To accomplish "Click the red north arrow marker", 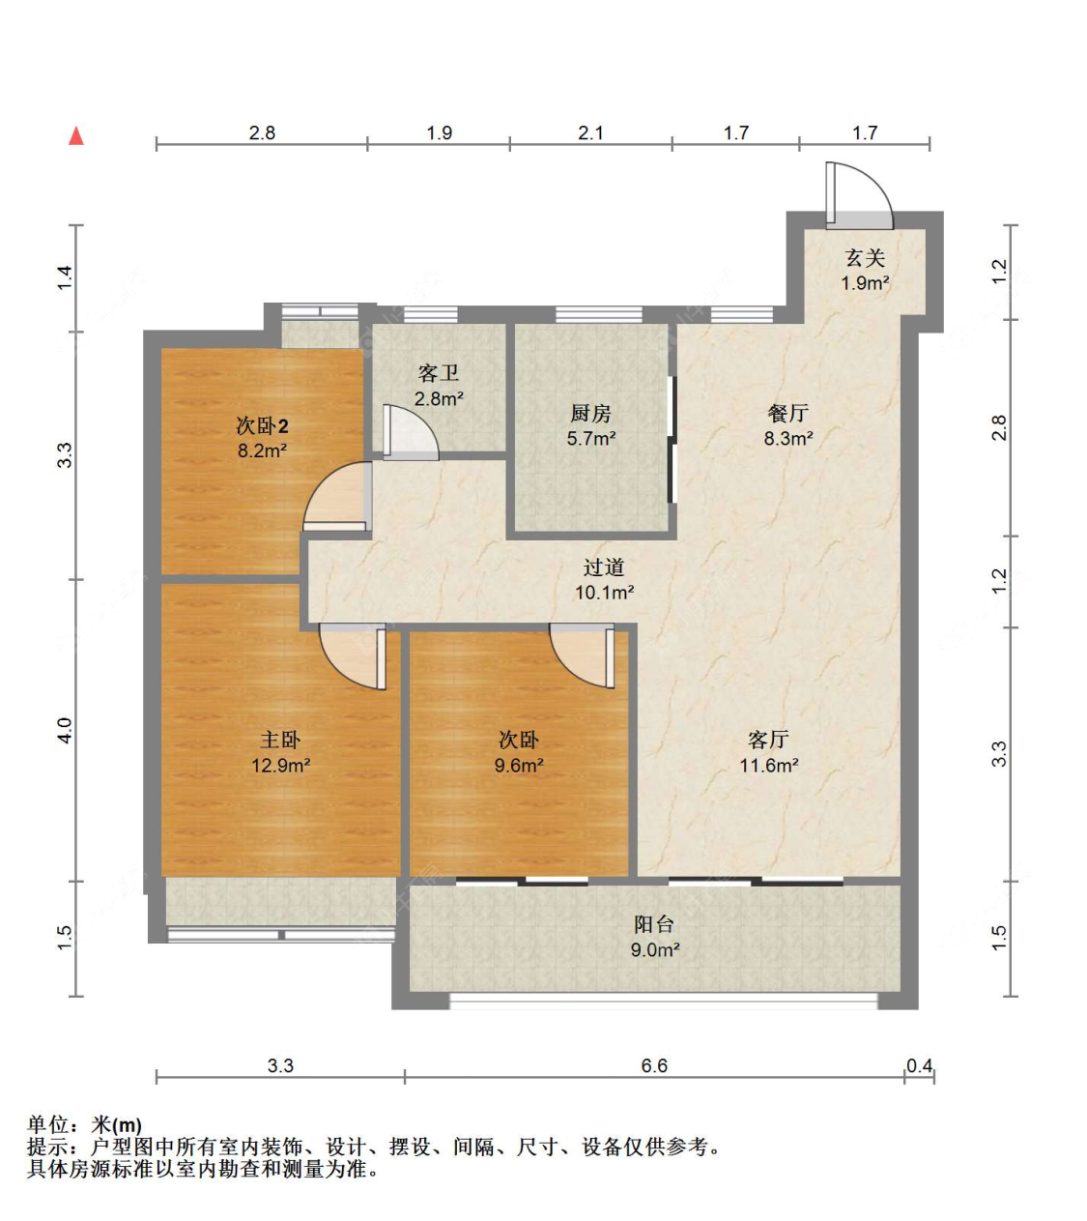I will [76, 136].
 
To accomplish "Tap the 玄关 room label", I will [865, 258].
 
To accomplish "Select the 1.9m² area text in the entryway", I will [865, 283].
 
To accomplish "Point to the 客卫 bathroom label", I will [439, 373].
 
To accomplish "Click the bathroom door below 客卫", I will [408, 433].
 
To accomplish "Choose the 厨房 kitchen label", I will [590, 414].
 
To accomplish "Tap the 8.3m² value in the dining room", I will [788, 438].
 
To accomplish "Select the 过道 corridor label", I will [604, 567].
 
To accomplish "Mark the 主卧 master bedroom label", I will [280, 740].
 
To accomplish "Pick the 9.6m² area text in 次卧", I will [519, 766].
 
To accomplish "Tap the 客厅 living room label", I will [769, 740].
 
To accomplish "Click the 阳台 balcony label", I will [654, 924].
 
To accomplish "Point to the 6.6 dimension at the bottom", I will [654, 1065].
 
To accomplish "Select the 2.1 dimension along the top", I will [590, 132].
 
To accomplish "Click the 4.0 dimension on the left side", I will [65, 730].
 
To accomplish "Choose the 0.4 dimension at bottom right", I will [919, 1065].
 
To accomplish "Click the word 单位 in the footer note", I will [48, 1124].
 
